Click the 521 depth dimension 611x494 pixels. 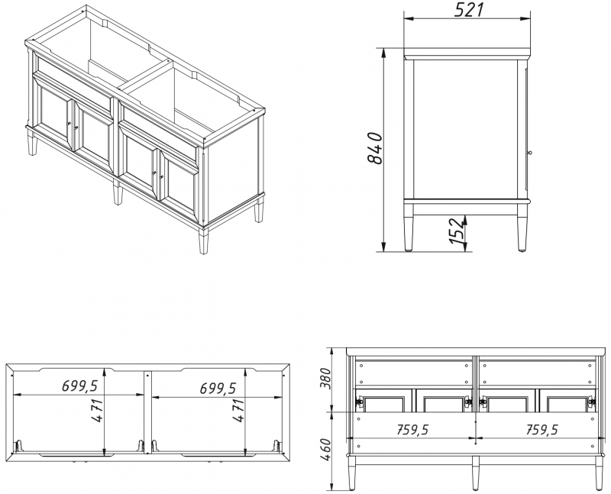(x=469, y=10)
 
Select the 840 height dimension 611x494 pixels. (x=374, y=148)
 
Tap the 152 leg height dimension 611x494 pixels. (x=457, y=231)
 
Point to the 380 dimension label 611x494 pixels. (x=325, y=378)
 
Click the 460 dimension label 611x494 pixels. (x=325, y=449)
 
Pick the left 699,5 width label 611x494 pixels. (x=79, y=386)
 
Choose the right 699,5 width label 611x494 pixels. (x=218, y=388)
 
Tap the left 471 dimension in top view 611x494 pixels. (x=98, y=410)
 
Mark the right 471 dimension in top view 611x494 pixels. (x=238, y=410)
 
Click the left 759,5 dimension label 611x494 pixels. (x=412, y=429)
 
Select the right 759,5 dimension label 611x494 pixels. (x=542, y=429)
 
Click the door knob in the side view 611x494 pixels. (x=529, y=153)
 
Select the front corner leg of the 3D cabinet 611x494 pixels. (x=203, y=241)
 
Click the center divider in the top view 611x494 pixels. (x=147, y=412)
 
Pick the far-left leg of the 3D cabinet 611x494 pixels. (x=33, y=143)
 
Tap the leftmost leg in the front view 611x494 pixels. (x=352, y=473)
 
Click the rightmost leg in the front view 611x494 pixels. (x=600, y=473)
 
